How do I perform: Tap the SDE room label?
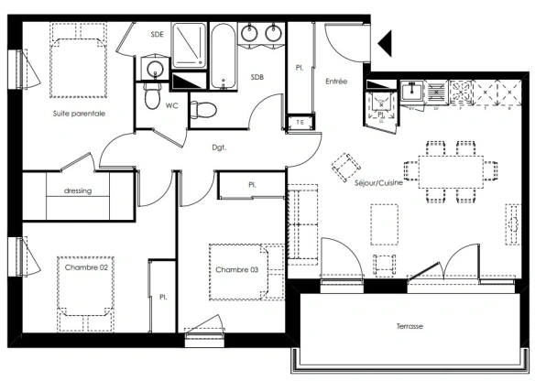click(158, 35)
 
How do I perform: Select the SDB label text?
click(257, 78)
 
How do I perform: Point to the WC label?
click(171, 104)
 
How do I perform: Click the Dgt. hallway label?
click(219, 147)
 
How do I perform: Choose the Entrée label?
click(336, 82)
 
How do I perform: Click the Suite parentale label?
click(78, 114)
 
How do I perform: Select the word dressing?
click(78, 191)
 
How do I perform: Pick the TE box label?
click(300, 122)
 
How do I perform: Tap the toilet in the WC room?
click(153, 96)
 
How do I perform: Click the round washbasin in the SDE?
click(154, 70)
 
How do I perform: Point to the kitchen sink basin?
click(413, 90)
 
